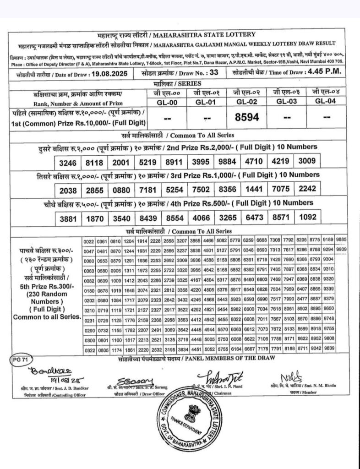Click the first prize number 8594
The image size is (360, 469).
[247, 118]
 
